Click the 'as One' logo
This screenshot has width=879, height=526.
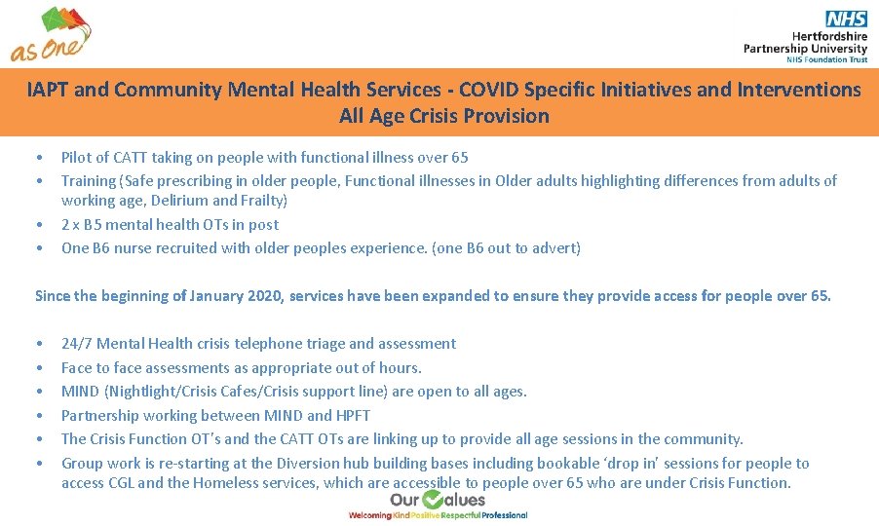coord(52,35)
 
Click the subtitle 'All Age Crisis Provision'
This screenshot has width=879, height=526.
coord(443,117)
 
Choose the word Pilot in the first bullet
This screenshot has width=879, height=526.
coord(75,158)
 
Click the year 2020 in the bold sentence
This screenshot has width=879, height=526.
coord(263,296)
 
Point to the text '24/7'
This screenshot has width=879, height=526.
coord(76,344)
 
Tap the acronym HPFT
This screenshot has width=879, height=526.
coord(353,416)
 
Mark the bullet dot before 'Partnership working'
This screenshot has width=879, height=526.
coord(38,416)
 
